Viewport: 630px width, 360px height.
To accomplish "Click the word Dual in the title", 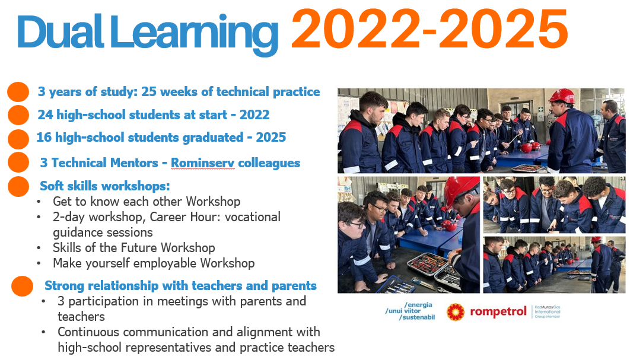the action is click(x=61, y=32).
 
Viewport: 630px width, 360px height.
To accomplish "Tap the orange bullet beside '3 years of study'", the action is click(x=18, y=91).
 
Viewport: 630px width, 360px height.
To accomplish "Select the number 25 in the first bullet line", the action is click(x=149, y=91).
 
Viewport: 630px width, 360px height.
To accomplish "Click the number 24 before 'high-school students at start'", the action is click(x=45, y=115).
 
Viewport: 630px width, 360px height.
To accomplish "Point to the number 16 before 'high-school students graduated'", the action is click(x=44, y=138).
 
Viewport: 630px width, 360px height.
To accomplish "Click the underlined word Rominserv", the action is click(x=202, y=163).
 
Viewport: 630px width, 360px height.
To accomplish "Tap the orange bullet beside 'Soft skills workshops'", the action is click(x=18, y=186).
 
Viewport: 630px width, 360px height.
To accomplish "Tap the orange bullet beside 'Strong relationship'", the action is click(x=22, y=286).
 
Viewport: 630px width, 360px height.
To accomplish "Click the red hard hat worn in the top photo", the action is click(x=562, y=97).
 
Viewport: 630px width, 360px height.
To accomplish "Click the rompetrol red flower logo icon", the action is click(x=455, y=312).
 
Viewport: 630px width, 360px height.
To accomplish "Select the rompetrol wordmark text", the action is click(x=498, y=312).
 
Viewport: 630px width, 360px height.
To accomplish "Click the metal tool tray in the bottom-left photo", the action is click(x=427, y=263).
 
